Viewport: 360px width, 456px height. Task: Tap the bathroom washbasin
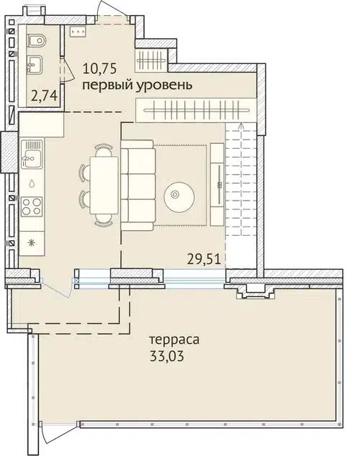[x=33, y=66]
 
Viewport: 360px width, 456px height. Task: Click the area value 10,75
[x=101, y=70]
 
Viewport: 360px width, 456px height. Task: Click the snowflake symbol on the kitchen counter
[x=31, y=242]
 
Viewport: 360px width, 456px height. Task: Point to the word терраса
[x=174, y=339]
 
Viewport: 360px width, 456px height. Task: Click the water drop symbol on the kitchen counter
[x=31, y=183]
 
